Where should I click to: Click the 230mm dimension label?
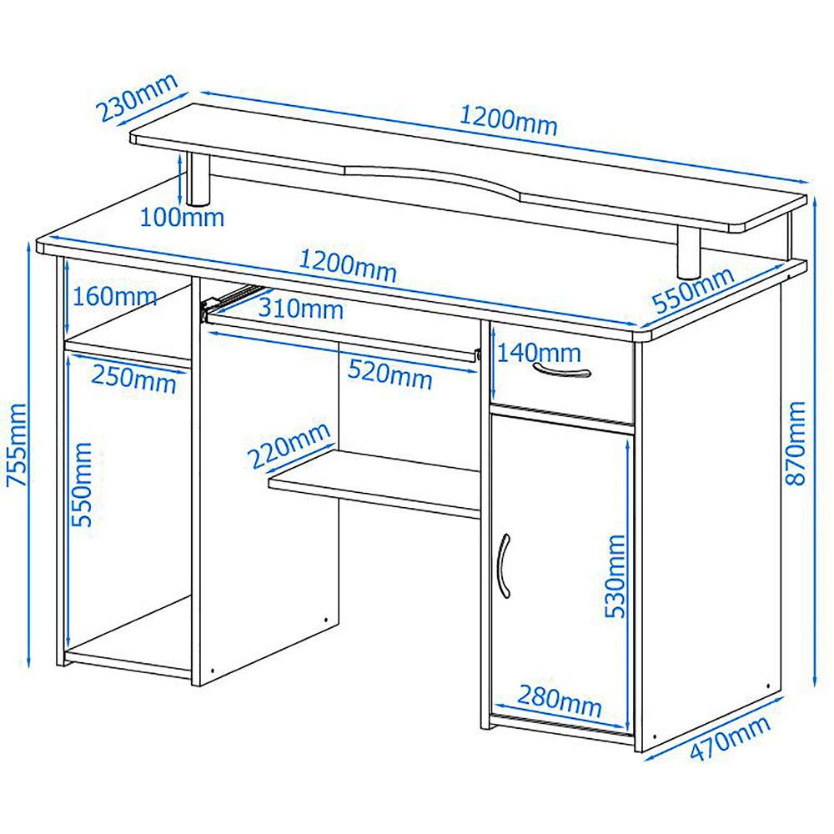click(137, 98)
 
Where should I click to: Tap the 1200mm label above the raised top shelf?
click(508, 121)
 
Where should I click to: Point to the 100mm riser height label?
click(182, 217)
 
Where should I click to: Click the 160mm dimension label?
click(114, 296)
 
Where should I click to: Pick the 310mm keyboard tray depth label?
click(300, 309)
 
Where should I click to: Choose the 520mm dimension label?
click(389, 375)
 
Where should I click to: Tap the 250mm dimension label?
click(133, 379)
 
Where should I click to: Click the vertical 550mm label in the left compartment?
click(82, 485)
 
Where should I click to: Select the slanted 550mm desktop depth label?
click(694, 290)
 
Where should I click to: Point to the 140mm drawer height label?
click(539, 353)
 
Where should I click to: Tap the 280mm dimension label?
click(560, 701)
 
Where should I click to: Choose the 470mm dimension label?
click(731, 737)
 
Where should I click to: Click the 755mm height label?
click(16, 445)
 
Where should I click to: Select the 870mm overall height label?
click(796, 443)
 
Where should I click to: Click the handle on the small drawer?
click(561, 370)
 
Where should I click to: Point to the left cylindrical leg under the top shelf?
click(199, 179)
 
